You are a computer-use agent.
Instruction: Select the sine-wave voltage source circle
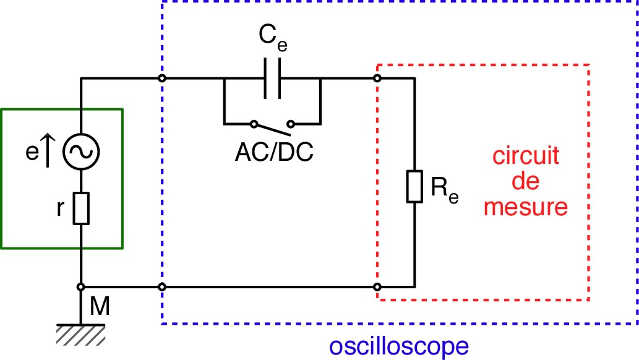82,150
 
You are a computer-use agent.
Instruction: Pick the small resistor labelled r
82,208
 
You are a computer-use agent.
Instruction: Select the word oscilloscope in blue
398,346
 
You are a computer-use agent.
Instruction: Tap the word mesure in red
526,207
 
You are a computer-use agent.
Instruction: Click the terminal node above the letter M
82,287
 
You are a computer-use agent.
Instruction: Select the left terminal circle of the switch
253,123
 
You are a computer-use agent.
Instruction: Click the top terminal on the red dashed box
377,79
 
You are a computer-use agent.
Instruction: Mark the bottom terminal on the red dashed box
377,287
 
